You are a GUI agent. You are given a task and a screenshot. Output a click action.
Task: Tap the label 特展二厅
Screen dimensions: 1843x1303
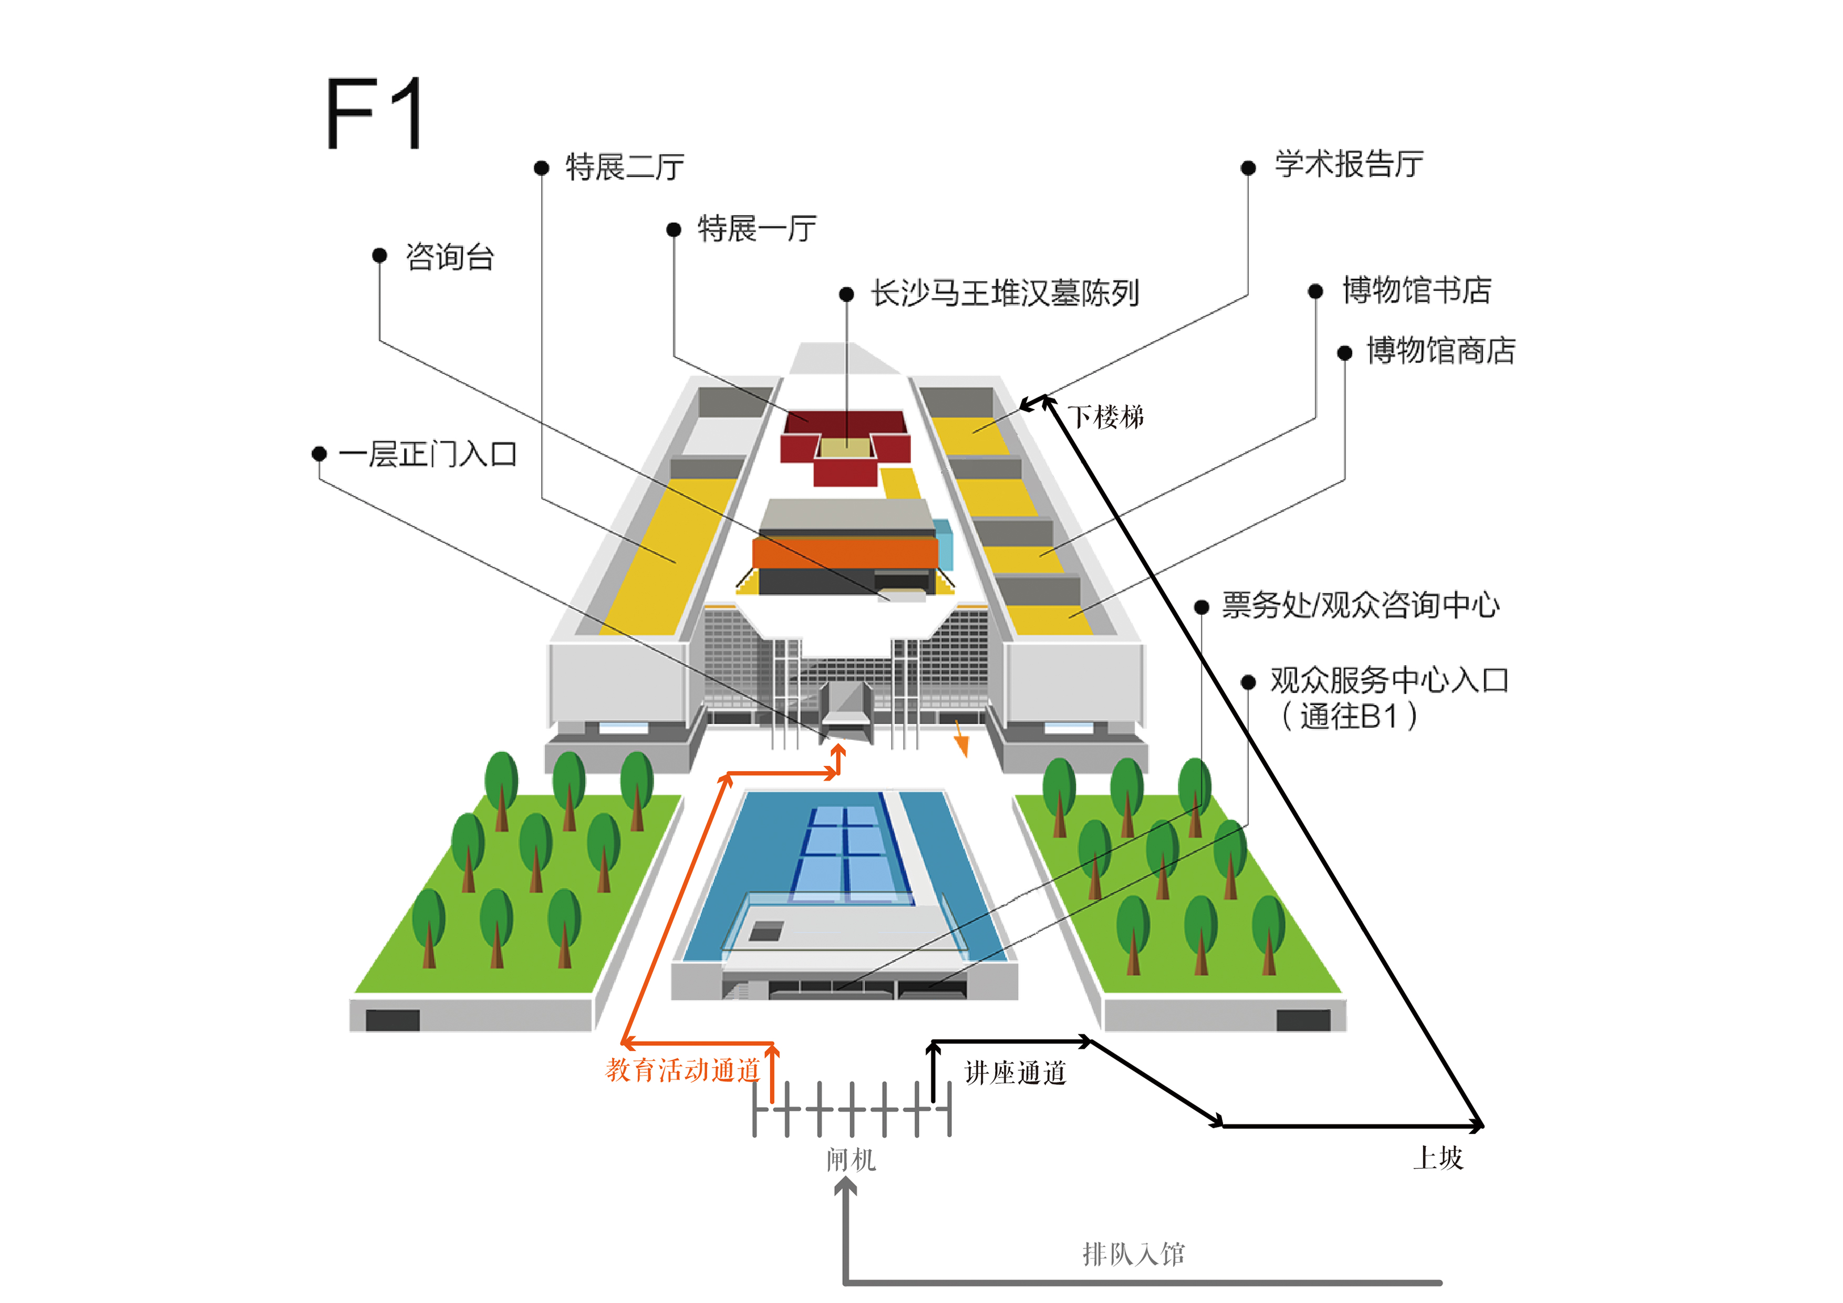[625, 167]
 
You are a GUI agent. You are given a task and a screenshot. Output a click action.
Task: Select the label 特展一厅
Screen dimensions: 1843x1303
[757, 229]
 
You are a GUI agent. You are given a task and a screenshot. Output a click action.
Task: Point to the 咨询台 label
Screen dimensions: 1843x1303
[450, 257]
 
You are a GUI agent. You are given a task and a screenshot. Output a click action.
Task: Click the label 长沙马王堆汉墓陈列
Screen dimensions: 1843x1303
[1005, 293]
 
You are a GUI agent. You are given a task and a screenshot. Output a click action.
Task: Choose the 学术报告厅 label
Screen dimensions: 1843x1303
[1349, 164]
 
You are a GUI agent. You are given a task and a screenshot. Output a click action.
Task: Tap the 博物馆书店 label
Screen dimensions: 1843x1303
[1417, 290]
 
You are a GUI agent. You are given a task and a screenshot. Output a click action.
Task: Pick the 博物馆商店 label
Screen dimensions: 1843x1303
[1441, 351]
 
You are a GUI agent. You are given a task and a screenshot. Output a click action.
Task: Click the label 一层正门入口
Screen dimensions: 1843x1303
[427, 454]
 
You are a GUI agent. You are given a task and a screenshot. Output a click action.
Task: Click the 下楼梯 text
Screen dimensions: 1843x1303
[1105, 417]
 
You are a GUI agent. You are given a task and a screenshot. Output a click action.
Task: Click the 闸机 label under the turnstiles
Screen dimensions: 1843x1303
[851, 1159]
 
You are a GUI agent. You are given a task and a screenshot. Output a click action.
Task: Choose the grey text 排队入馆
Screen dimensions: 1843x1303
[1133, 1254]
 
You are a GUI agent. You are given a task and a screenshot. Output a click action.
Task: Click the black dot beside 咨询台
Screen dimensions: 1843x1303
[380, 255]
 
